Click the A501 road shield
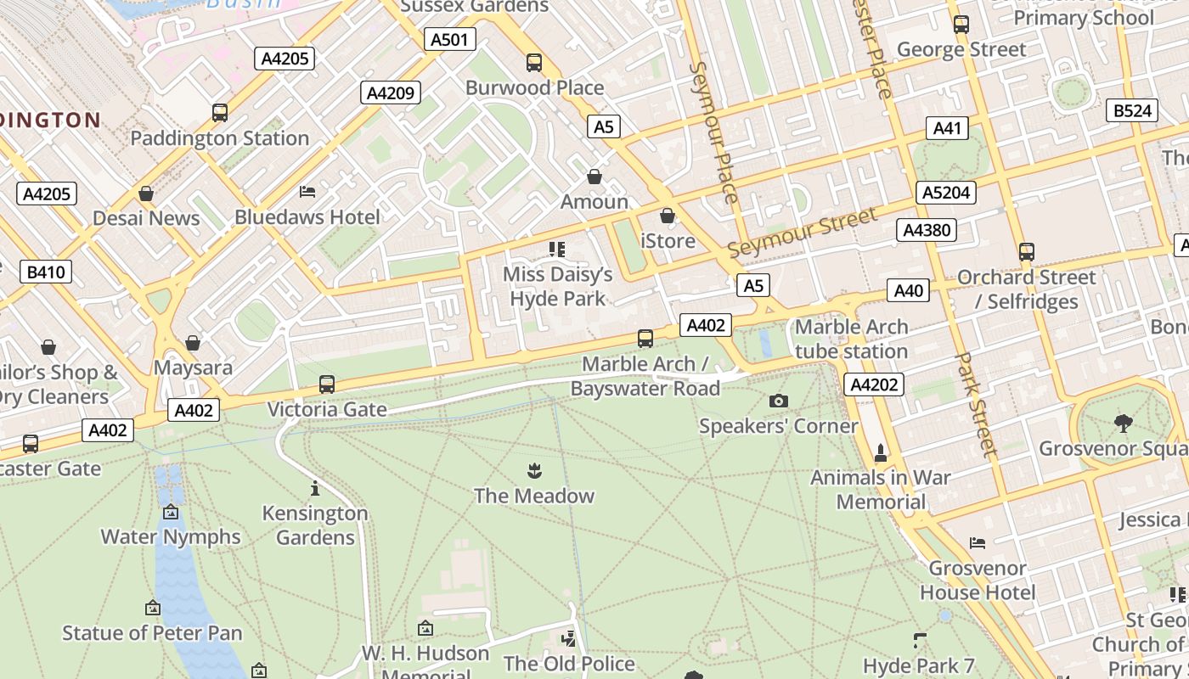point(449,39)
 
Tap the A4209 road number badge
point(391,93)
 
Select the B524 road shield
point(1132,110)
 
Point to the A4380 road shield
point(927,230)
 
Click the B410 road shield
point(46,272)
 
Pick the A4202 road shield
point(874,384)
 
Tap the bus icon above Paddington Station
point(219,112)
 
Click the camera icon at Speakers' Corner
point(778,401)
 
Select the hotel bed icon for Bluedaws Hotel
point(307,192)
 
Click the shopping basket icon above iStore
point(668,216)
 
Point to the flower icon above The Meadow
point(534,470)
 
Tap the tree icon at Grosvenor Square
point(1123,422)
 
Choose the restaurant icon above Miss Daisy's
point(557,250)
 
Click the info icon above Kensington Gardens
point(315,488)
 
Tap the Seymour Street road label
point(803,232)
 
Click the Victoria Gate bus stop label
point(327,409)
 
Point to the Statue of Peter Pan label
point(152,632)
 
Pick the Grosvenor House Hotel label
point(978,580)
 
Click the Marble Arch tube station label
point(851,339)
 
